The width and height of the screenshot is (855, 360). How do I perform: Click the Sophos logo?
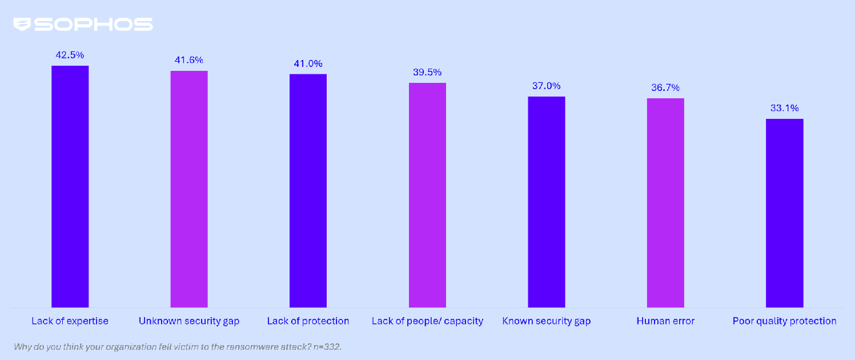(83, 25)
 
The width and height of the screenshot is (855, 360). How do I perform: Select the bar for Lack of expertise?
(70, 186)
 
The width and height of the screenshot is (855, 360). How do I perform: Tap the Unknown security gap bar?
(189, 189)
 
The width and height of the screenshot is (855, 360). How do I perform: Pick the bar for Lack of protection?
(308, 191)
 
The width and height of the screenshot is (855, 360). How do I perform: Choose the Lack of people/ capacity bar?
(427, 195)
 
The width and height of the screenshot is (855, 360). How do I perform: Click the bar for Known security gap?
(546, 202)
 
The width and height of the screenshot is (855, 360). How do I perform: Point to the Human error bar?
(665, 203)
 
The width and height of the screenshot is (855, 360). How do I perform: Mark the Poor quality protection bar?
(784, 213)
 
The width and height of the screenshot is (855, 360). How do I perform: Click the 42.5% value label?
(70, 55)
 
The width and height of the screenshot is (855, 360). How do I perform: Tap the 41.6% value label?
(189, 60)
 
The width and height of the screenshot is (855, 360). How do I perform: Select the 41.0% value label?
(308, 63)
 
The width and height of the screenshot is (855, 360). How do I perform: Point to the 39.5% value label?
(427, 73)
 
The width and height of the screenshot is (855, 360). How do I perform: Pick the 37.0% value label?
(546, 86)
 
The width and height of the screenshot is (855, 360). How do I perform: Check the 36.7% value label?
(665, 88)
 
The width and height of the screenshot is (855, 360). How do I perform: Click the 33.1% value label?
(784, 109)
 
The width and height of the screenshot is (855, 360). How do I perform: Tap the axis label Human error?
(665, 321)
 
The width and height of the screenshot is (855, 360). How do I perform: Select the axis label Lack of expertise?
(70, 321)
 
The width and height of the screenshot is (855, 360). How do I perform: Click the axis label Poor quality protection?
(784, 321)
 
